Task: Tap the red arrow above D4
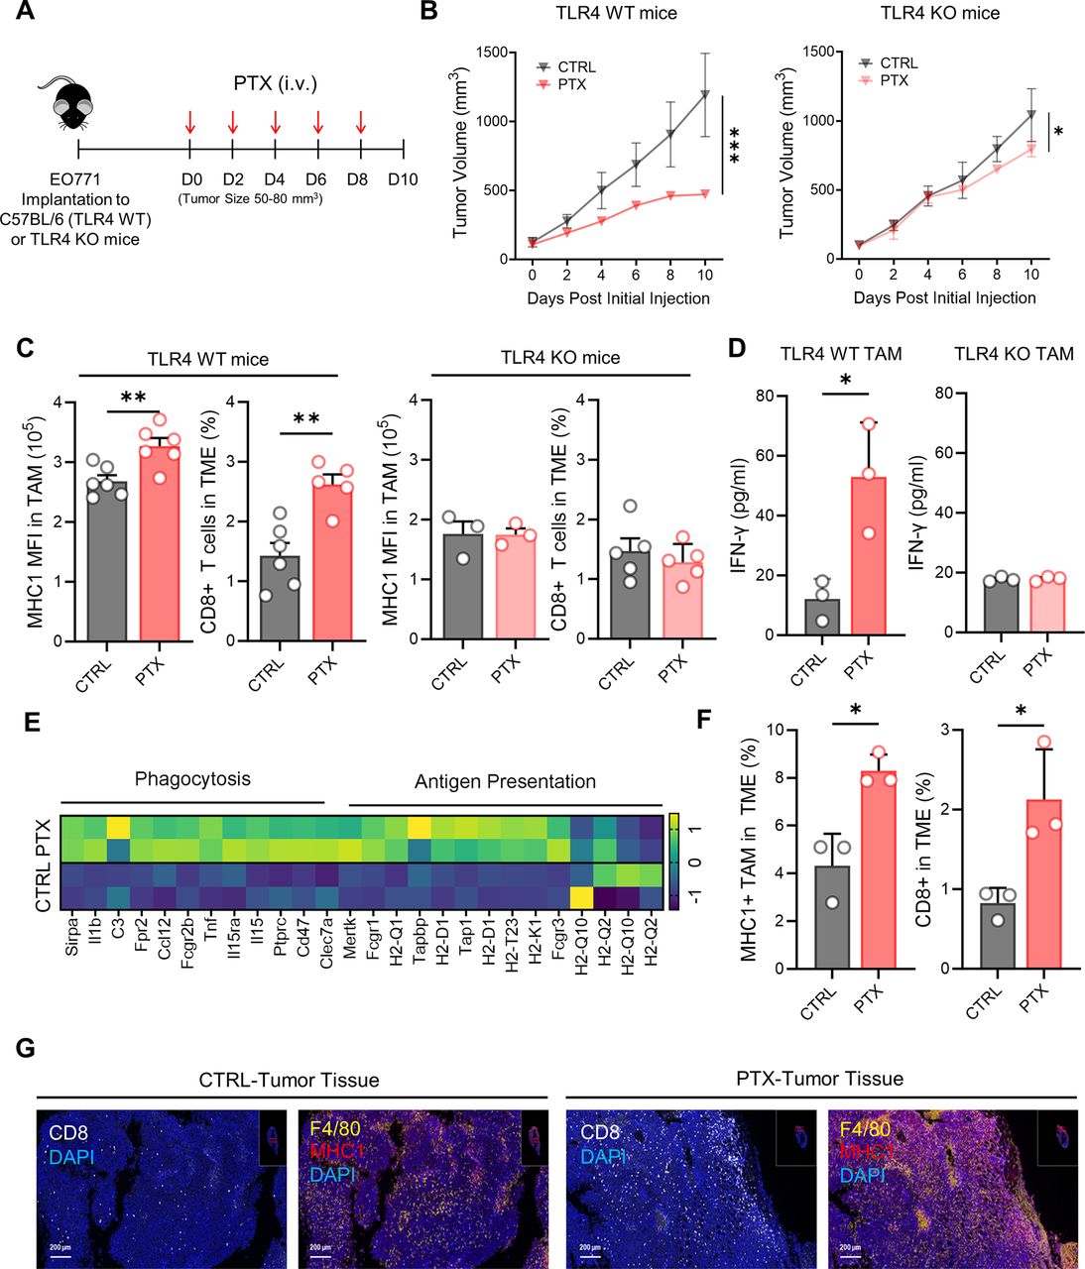pos(275,123)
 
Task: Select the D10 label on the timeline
pos(403,178)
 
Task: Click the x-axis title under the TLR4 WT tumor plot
pos(618,297)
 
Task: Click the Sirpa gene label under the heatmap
pos(71,939)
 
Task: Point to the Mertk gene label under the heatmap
pos(350,941)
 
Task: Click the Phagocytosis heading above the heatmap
pos(192,779)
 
